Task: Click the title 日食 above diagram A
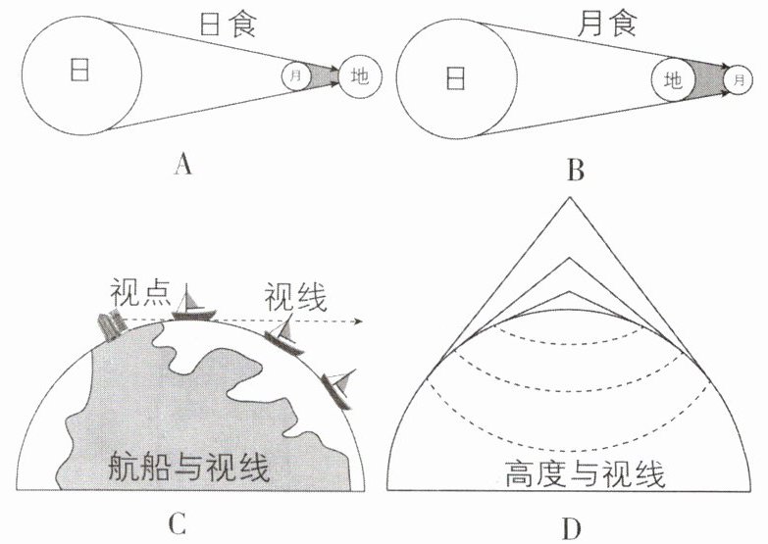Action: pyautogui.click(x=229, y=23)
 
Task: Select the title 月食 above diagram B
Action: pyautogui.click(x=607, y=23)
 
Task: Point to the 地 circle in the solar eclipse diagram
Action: pyautogui.click(x=360, y=76)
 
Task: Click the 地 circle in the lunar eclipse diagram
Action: pyautogui.click(x=673, y=79)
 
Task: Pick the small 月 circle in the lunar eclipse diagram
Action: pyautogui.click(x=740, y=79)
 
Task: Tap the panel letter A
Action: pyautogui.click(x=182, y=164)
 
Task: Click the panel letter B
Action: pyautogui.click(x=576, y=171)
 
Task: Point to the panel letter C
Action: pyautogui.click(x=177, y=524)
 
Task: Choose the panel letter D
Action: pyautogui.click(x=572, y=528)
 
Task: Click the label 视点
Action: pyautogui.click(x=140, y=292)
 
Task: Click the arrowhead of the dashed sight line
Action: pyautogui.click(x=360, y=321)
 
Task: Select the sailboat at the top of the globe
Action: pyautogui.click(x=193, y=305)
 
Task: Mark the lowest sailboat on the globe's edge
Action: pyautogui.click(x=339, y=389)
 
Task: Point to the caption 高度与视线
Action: pyautogui.click(x=585, y=473)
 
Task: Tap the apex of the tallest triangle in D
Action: pyautogui.click(x=569, y=197)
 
